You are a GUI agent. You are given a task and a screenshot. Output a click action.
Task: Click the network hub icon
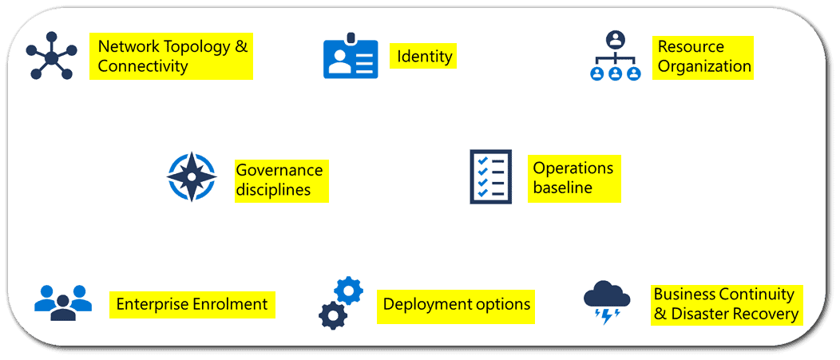pyautogui.click(x=52, y=57)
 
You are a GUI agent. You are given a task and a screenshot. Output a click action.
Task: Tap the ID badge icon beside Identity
pyautogui.click(x=351, y=57)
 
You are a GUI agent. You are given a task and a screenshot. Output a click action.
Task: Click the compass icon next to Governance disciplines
pyautogui.click(x=192, y=176)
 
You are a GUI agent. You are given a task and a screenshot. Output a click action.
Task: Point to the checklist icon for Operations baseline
pyautogui.click(x=489, y=176)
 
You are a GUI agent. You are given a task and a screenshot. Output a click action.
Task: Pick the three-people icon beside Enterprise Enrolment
pyautogui.click(x=63, y=303)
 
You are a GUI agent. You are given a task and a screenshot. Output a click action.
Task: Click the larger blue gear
pyautogui.click(x=348, y=290)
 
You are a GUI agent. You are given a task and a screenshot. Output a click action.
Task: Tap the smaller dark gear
pyautogui.click(x=331, y=316)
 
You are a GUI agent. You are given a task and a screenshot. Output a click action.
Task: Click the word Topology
pyautogui.click(x=196, y=46)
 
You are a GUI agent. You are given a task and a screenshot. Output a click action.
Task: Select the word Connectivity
pyautogui.click(x=143, y=66)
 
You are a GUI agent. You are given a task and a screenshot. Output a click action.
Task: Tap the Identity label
pyautogui.click(x=425, y=57)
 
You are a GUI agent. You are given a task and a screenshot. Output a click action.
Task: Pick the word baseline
pyautogui.click(x=562, y=188)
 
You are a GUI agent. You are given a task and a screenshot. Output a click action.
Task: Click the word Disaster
pyautogui.click(x=700, y=315)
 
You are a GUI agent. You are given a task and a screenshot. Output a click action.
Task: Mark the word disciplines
pyautogui.click(x=272, y=191)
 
